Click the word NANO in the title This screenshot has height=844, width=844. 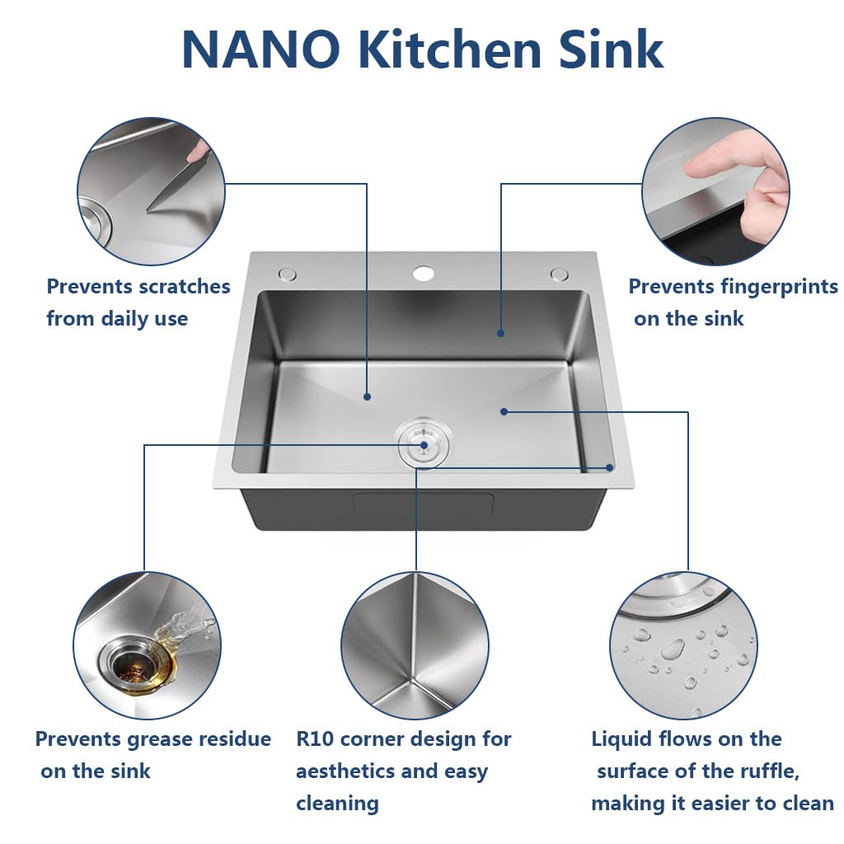pos(260,49)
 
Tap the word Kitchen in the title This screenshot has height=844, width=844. pos(449,49)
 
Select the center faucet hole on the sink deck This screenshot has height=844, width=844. pos(424,274)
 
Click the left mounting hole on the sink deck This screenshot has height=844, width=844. pos(288,274)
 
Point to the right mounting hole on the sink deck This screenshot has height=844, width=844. pos(560,274)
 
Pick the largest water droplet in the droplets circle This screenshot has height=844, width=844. pos(673,649)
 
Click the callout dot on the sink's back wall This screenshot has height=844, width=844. pos(500,333)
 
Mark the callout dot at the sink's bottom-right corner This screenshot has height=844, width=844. pos(609,468)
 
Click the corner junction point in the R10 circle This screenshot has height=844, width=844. pos(412,682)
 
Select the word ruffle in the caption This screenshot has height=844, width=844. pos(769,771)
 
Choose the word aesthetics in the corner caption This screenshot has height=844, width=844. pos(345,771)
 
